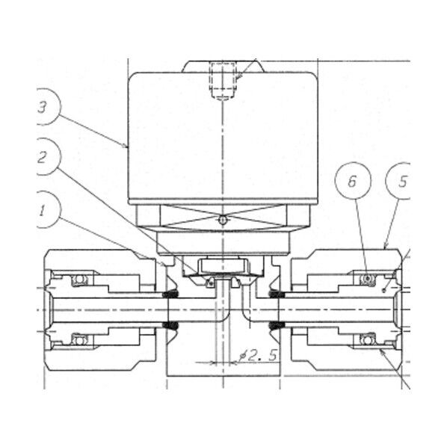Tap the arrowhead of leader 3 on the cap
click(x=129, y=148)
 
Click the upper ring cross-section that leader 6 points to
click(x=366, y=280)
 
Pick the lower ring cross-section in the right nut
click(x=366, y=341)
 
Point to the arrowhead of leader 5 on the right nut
click(x=384, y=247)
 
